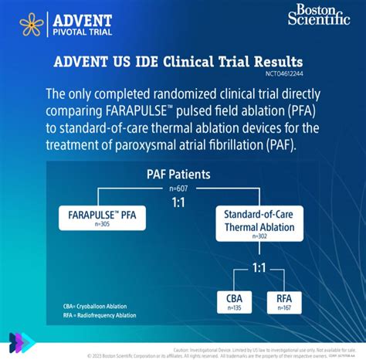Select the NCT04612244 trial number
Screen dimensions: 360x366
[x=285, y=75]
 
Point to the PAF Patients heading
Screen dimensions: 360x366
[x=178, y=175]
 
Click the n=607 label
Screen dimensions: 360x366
[x=179, y=188]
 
